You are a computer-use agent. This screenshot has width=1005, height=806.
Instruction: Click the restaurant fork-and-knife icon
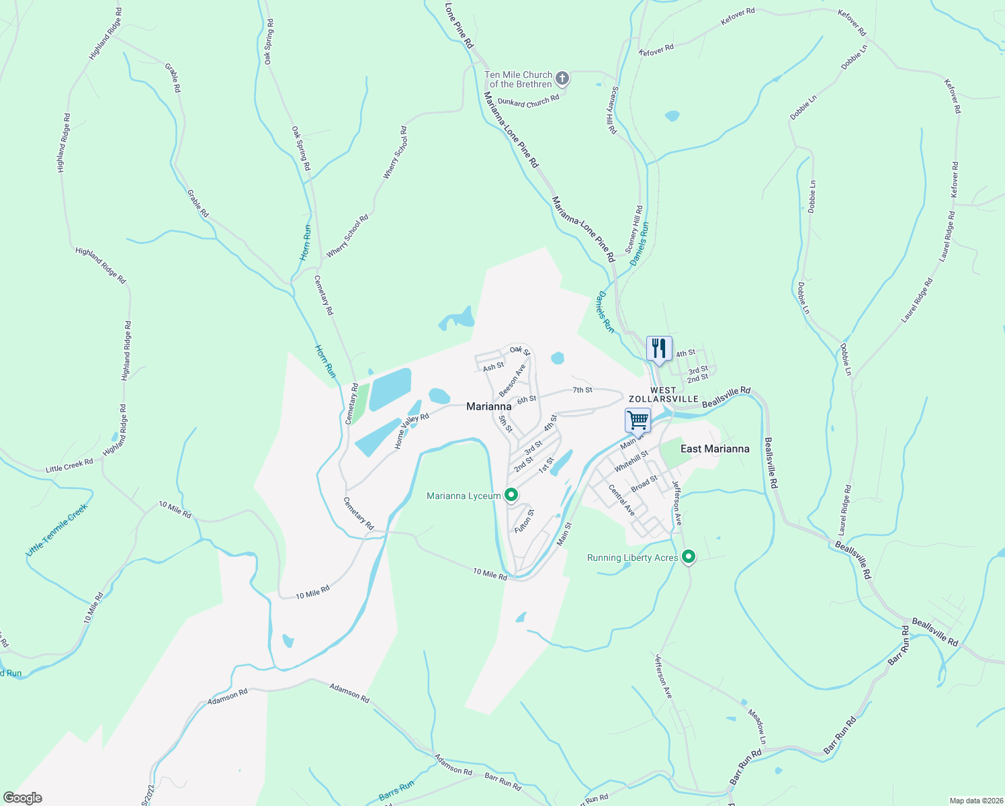[x=659, y=348]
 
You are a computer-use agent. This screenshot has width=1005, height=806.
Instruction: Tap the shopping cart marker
[x=638, y=420]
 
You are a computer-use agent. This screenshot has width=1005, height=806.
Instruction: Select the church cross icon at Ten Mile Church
[x=562, y=79]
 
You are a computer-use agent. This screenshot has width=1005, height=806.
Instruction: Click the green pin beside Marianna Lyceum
[x=511, y=496]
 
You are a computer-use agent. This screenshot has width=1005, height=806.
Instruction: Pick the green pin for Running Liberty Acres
[x=688, y=557]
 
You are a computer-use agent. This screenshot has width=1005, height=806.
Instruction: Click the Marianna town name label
[x=488, y=406]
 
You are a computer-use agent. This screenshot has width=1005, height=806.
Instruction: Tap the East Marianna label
[x=715, y=449]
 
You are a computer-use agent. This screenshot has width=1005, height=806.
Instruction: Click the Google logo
[x=22, y=798]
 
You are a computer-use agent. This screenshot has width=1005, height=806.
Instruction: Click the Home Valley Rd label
[x=411, y=431]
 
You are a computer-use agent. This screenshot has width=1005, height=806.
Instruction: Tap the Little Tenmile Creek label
[x=56, y=530]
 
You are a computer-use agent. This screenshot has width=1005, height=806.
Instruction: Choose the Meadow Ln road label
[x=756, y=727]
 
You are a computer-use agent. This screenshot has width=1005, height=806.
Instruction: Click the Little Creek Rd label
[x=69, y=465]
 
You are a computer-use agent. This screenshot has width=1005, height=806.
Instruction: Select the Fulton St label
[x=524, y=521]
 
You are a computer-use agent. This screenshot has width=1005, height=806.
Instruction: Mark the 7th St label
[x=582, y=390]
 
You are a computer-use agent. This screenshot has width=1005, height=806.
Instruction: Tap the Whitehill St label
[x=631, y=461]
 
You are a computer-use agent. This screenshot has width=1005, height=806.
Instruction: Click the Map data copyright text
[x=975, y=801]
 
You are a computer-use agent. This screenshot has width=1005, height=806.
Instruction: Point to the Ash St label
[x=493, y=367]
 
